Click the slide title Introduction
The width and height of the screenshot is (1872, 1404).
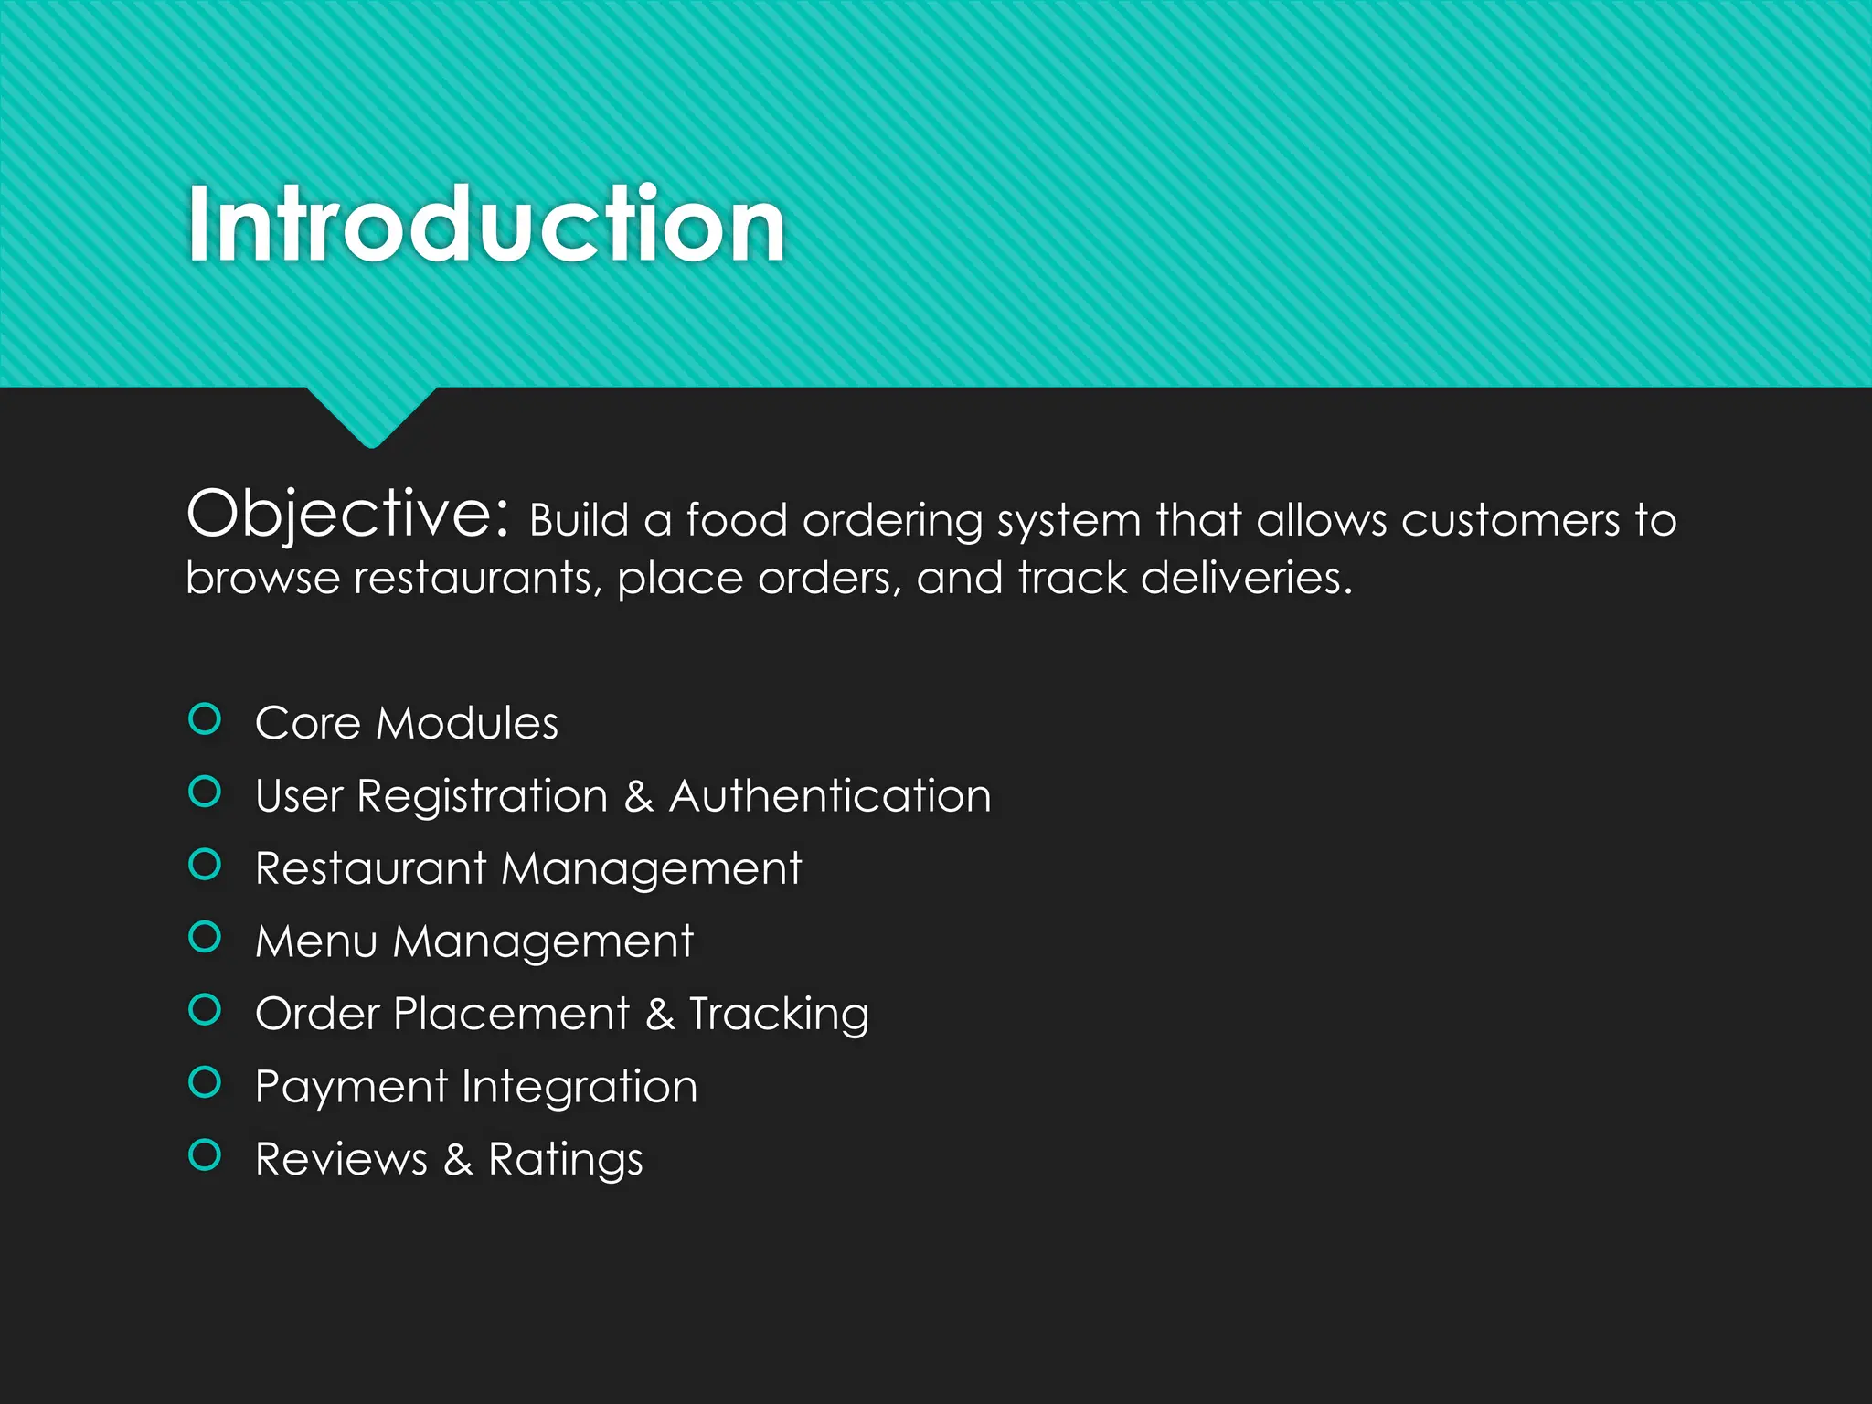pyautogui.click(x=485, y=224)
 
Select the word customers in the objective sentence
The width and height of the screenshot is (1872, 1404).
pyautogui.click(x=1510, y=520)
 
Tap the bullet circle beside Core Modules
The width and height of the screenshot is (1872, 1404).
pyautogui.click(x=205, y=719)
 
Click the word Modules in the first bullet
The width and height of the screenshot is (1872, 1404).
pyautogui.click(x=467, y=723)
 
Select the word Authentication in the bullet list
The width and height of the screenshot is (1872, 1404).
pyautogui.click(x=830, y=795)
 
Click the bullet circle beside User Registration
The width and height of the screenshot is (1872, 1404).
pyautogui.click(x=205, y=792)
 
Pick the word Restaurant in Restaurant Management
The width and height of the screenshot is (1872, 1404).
pyautogui.click(x=371, y=868)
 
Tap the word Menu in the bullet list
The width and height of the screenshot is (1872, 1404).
pyautogui.click(x=316, y=941)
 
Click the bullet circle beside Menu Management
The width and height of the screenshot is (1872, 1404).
pyautogui.click(x=205, y=937)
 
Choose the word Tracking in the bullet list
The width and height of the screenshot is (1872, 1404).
pyautogui.click(x=779, y=1015)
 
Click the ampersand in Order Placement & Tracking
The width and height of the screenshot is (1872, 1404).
pyautogui.click(x=660, y=1015)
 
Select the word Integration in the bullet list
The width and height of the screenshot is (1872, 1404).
pyautogui.click(x=580, y=1088)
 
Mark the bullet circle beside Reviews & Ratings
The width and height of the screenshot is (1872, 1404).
pyautogui.click(x=205, y=1155)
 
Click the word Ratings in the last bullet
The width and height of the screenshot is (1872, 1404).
pyautogui.click(x=565, y=1161)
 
